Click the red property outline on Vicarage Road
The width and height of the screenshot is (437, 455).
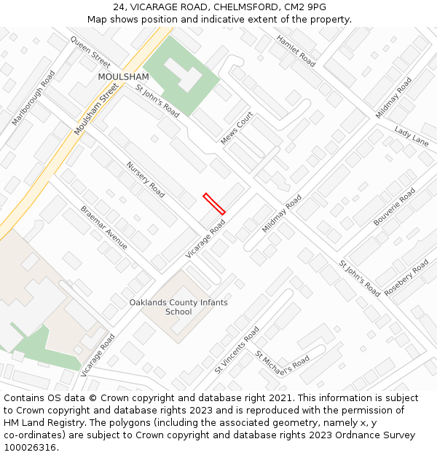(214, 204)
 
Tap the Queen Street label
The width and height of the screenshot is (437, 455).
(90, 51)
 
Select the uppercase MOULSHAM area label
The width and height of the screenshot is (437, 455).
(123, 76)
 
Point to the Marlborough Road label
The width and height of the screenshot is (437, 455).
(34, 98)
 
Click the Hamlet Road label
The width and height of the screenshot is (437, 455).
(295, 51)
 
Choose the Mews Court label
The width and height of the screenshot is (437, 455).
(237, 128)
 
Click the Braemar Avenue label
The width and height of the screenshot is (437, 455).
(104, 227)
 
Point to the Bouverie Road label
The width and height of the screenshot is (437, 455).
(394, 206)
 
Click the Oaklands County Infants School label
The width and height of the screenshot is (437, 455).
(178, 307)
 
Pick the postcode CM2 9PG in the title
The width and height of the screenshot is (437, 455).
(307, 7)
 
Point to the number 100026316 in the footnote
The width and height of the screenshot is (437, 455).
(30, 448)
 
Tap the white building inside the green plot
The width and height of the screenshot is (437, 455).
(182, 73)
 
